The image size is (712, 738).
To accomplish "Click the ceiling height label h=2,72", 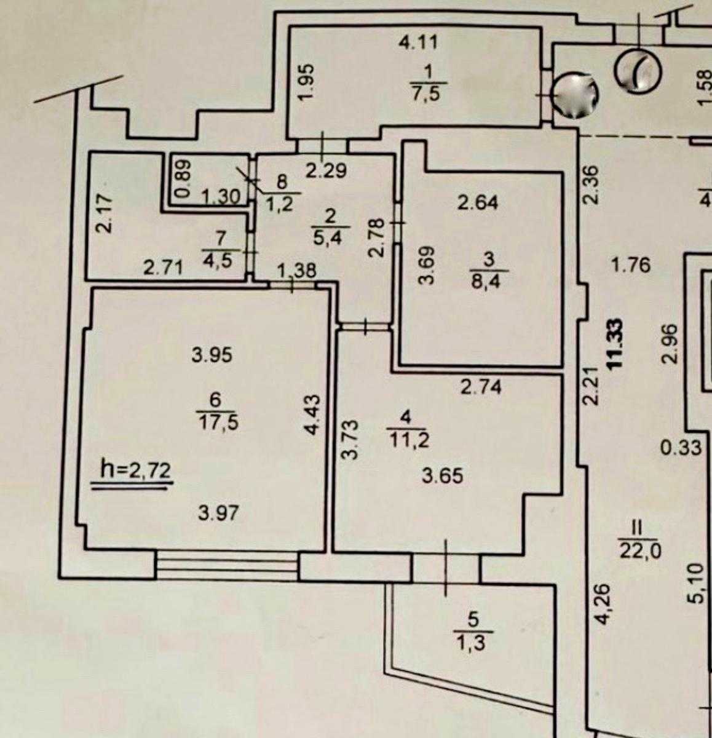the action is click(135, 471).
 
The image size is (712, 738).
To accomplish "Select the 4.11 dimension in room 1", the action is click(418, 42).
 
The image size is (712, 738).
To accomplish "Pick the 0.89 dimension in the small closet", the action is click(183, 178).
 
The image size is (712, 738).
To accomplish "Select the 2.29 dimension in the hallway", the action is click(326, 170).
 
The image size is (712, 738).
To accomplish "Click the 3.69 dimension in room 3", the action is click(425, 266).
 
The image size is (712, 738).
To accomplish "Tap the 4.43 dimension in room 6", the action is click(313, 415).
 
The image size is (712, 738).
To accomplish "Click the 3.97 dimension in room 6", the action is click(219, 514).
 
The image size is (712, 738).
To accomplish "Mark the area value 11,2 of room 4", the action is click(408, 441).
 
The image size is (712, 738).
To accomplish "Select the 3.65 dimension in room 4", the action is click(443, 476).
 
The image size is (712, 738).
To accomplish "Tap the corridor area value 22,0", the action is click(640, 552).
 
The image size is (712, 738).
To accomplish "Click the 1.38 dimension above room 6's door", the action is click(296, 271).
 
